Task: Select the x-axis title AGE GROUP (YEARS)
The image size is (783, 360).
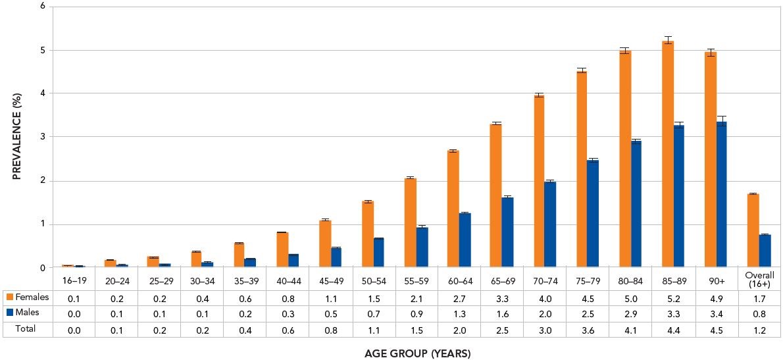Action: [x=418, y=354]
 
